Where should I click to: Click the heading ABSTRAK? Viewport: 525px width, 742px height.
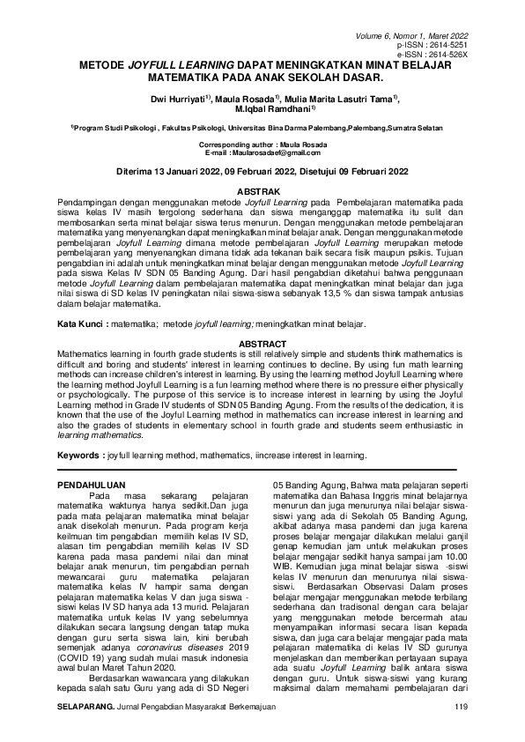pos(262,191)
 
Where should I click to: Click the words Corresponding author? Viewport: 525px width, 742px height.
pos(226,144)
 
